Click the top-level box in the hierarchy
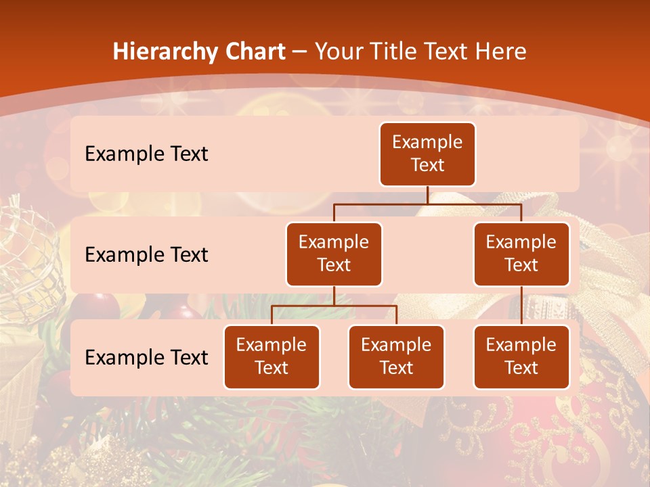(427, 154)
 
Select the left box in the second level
(334, 254)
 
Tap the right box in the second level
(521, 254)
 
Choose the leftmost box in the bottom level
(272, 356)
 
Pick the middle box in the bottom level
(396, 356)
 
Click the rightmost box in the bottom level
(521, 356)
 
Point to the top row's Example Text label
(146, 154)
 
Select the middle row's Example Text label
(146, 255)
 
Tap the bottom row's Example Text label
(146, 358)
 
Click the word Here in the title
(500, 51)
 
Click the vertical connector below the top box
(427, 195)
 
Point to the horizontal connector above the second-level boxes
(427, 204)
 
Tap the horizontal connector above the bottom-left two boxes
(334, 306)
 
